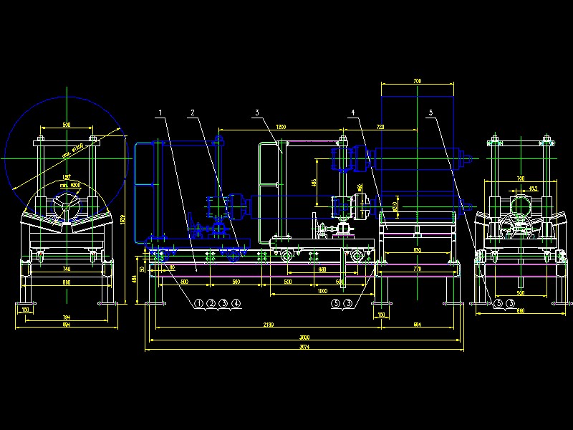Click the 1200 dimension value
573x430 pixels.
point(280,127)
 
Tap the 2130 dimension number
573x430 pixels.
point(267,325)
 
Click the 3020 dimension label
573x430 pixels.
point(304,338)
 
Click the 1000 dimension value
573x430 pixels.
point(322,291)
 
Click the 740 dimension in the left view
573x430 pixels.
point(66,268)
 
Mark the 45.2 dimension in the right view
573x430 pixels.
point(533,188)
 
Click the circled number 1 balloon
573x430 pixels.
point(199,304)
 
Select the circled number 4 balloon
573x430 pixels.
point(236,304)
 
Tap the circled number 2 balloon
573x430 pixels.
point(211,304)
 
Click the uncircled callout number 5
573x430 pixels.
point(431,113)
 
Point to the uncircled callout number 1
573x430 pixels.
point(161,113)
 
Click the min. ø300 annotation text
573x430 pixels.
point(70,185)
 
